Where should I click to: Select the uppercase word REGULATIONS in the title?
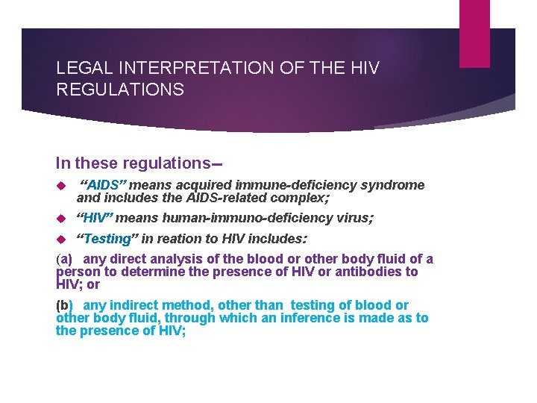(120, 90)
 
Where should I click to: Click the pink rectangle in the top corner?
(474, 34)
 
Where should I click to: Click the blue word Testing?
(107, 239)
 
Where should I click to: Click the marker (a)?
(64, 259)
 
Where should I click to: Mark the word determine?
(144, 272)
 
